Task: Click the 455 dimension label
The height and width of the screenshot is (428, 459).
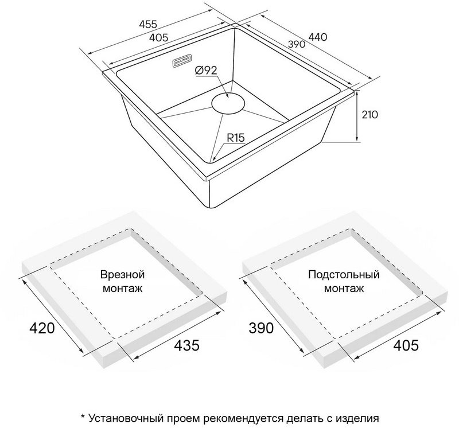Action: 148,24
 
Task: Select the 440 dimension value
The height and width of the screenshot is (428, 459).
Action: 318,37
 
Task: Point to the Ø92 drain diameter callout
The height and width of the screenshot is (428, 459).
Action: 206,70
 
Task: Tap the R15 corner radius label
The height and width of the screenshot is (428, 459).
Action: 236,137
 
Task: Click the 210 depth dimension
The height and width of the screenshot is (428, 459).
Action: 369,115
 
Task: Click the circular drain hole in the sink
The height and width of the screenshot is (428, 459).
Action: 228,103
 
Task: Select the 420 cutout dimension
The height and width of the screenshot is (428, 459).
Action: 42,328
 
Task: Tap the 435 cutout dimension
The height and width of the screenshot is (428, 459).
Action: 187,345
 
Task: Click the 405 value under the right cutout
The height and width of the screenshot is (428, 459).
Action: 406,345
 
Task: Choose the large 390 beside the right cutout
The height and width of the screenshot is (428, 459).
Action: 261,328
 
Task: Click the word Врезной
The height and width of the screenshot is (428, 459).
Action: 123,275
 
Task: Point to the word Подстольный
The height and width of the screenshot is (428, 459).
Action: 344,275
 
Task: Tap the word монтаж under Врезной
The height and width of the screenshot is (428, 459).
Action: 123,289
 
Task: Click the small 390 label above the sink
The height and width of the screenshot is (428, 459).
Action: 297,44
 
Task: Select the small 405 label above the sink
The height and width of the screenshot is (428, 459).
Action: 159,37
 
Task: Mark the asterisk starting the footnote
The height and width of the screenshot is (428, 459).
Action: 83,416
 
